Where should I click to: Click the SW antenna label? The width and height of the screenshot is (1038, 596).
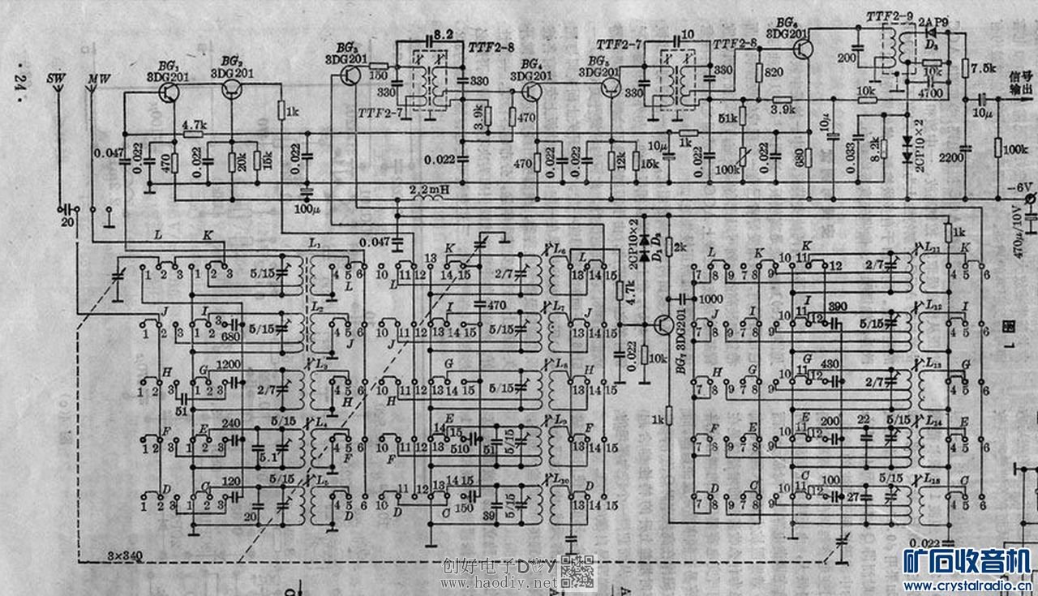[x=57, y=78]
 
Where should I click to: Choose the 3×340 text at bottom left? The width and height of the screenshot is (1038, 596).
[x=125, y=555]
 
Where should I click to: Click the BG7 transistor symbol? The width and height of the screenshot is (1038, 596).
[x=668, y=324]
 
